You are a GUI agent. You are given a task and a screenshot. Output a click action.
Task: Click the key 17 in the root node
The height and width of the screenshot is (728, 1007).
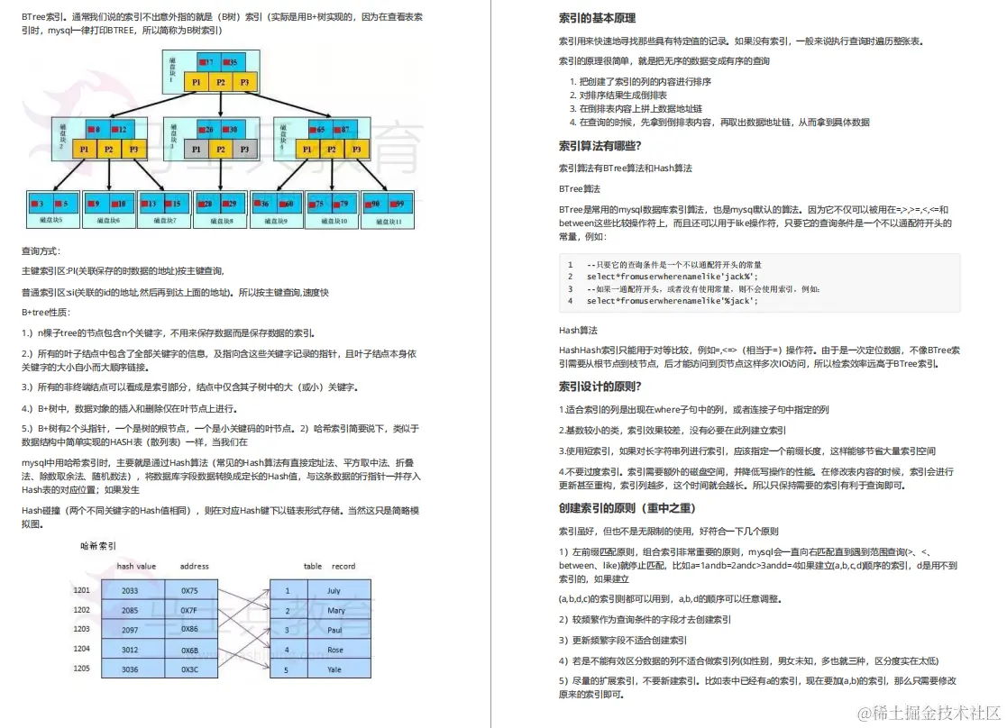tap(208, 62)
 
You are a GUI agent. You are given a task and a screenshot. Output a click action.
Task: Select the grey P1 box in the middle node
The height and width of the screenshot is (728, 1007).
tap(197, 150)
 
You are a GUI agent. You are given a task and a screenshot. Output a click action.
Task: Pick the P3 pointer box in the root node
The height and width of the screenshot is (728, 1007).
tap(244, 82)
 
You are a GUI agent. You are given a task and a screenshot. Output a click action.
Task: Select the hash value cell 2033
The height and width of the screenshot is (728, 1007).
tap(130, 591)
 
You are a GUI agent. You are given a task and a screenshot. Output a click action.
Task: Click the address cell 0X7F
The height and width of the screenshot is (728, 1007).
tap(189, 610)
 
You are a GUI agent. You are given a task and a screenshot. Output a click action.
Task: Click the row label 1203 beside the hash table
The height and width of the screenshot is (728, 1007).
tap(82, 629)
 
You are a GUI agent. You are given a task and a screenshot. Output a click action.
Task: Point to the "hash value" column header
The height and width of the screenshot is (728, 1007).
tap(136, 567)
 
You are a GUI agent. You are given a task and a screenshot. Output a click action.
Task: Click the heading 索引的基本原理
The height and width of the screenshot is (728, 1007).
tap(600, 18)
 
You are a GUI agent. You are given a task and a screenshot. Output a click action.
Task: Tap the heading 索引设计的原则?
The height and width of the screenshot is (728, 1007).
tap(600, 387)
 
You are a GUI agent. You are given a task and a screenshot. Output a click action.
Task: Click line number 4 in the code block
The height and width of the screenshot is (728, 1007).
tap(570, 300)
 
